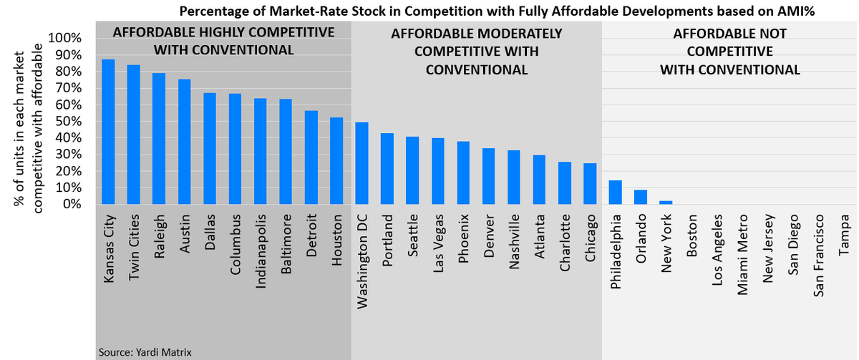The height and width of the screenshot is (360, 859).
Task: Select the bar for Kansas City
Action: click(108, 132)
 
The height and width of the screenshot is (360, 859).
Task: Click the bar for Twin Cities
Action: click(134, 135)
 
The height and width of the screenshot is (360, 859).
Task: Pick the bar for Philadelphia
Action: click(615, 193)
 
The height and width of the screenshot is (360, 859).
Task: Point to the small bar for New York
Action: click(666, 203)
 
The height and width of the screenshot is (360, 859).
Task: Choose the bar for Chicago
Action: click(590, 184)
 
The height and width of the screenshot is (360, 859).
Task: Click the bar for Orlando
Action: click(641, 197)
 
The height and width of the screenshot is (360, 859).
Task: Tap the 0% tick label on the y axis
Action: click(72, 204)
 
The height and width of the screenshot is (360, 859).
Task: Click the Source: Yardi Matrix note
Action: click(146, 351)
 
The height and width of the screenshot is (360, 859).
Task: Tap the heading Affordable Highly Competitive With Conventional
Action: click(223, 42)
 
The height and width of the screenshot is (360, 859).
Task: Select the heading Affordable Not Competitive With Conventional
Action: click(729, 52)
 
